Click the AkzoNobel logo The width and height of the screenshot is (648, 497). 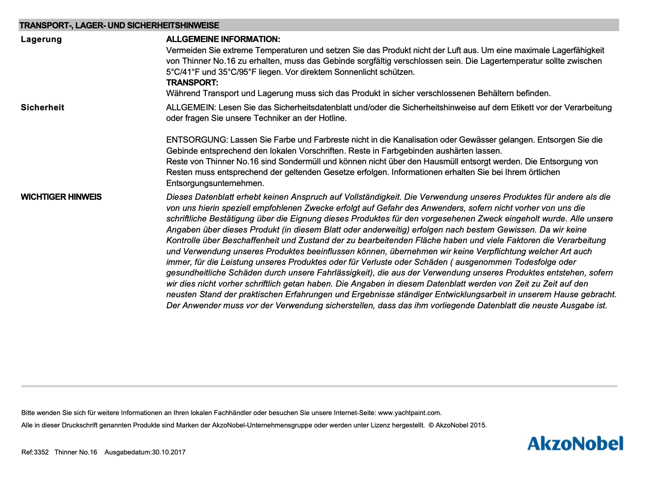(575, 443)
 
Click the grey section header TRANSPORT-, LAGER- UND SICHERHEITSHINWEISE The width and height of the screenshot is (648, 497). (119, 26)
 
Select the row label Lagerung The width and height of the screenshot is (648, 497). (41, 39)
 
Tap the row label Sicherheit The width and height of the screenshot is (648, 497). (42, 108)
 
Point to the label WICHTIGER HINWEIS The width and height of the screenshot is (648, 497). (61, 197)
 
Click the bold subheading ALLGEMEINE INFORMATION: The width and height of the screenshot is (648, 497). (223, 39)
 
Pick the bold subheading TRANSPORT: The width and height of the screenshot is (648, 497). (192, 83)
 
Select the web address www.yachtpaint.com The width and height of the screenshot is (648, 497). (409, 413)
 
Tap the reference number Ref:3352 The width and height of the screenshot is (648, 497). (35, 452)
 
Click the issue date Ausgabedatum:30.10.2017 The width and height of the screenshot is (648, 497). (145, 452)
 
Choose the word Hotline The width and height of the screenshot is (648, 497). (332, 118)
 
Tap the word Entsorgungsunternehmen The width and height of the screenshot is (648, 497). (215, 183)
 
